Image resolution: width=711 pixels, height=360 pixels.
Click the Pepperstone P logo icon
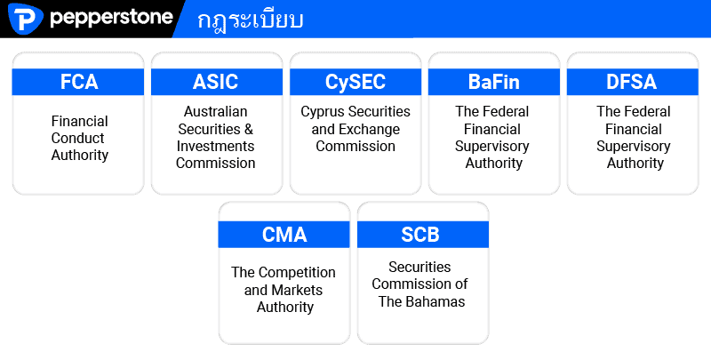coord(26,18)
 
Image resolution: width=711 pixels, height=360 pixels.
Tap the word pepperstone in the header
coord(111,18)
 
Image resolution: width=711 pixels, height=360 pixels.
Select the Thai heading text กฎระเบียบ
coord(251,20)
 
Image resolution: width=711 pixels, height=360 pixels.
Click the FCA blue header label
coord(79,82)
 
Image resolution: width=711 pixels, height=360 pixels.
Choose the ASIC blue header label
coord(215,82)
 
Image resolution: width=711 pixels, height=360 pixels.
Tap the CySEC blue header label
coord(355,83)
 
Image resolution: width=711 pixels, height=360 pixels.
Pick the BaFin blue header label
coord(494,82)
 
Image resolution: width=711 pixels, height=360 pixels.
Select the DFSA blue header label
coord(632,82)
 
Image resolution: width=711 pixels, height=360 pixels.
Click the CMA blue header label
coord(284,235)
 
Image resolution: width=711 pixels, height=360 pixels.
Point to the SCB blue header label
coord(420,235)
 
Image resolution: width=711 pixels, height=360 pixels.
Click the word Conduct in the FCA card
coord(78,138)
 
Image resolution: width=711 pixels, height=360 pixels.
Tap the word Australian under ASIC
coord(216,111)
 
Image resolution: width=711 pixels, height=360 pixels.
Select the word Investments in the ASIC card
coord(215,147)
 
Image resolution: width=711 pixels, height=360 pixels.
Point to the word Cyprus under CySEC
coord(322,112)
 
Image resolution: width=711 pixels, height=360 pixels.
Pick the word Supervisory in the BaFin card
coord(492,147)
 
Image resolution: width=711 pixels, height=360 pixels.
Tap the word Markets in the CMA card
coord(297,290)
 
